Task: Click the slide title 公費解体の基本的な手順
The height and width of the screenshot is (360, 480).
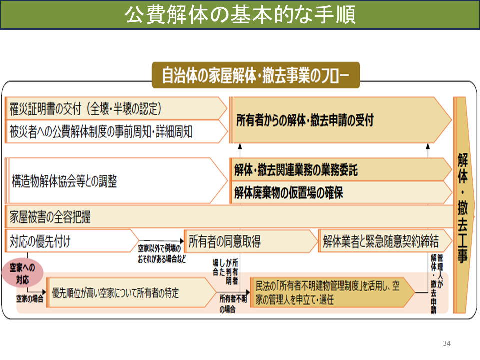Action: pos(240,14)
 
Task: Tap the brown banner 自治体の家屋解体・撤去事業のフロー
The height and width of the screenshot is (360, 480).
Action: pos(256,75)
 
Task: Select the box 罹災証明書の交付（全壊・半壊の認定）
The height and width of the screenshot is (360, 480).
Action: pos(116,108)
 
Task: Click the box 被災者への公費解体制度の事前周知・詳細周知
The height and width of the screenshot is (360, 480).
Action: pos(116,131)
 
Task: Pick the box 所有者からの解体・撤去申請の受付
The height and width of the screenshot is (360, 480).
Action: pos(340,120)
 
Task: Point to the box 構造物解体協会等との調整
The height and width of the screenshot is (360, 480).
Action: pos(116,180)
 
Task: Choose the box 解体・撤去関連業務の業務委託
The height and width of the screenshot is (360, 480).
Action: pos(341,169)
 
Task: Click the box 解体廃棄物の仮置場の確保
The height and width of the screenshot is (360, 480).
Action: pos(341,193)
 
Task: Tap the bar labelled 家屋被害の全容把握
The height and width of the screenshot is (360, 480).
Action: pos(229,217)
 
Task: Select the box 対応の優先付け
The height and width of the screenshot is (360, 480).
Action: pos(72,241)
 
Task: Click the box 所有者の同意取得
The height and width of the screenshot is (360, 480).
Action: pos(251,241)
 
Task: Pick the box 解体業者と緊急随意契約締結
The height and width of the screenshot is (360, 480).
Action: pos(385,241)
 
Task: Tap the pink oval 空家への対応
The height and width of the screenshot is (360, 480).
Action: pos(22,273)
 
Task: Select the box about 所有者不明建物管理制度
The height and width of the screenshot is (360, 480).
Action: pos(332,293)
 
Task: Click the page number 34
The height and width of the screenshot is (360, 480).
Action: pos(446,343)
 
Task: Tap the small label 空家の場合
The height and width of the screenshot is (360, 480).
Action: pos(29,299)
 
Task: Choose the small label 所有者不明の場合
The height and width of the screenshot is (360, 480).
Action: pos(232,304)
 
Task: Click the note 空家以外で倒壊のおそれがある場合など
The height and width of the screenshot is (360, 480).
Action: pos(161,254)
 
